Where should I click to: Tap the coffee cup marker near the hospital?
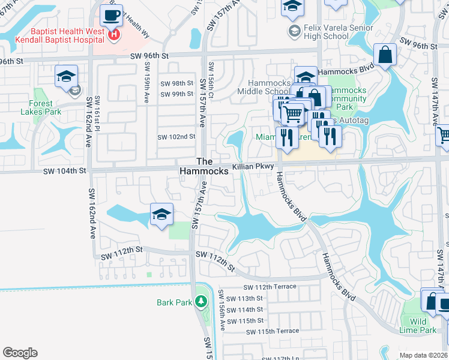point(111,16)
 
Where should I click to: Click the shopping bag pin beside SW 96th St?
point(385,55)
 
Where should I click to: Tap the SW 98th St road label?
point(176,83)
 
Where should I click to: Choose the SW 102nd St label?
point(176,137)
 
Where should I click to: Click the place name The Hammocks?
point(204,166)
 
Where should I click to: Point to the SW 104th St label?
point(65,171)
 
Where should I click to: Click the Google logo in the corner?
point(20,352)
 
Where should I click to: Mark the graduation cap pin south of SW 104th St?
point(161,215)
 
